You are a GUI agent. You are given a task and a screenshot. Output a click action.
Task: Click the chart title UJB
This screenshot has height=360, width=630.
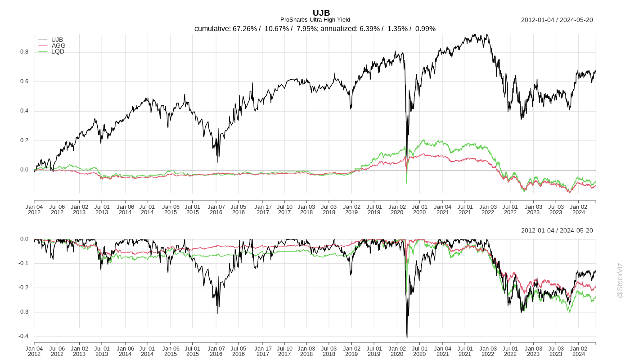click(321, 13)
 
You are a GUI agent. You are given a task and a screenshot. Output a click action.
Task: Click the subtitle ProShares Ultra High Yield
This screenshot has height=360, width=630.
click(315, 20)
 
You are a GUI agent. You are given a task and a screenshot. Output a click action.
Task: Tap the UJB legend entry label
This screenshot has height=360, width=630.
click(57, 40)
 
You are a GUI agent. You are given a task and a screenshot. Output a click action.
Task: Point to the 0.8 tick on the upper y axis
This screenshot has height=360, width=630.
click(24, 52)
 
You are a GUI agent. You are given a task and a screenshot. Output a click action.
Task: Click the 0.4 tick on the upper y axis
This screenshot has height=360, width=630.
click(24, 111)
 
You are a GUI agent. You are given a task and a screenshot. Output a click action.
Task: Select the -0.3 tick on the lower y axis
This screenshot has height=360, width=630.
click(23, 312)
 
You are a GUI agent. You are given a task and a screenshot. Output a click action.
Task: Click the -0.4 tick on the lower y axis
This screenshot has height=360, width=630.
click(23, 336)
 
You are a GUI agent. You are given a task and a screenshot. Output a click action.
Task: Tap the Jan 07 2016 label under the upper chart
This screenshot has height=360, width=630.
click(216, 210)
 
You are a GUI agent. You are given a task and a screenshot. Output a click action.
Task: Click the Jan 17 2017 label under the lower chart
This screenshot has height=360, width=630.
click(263, 351)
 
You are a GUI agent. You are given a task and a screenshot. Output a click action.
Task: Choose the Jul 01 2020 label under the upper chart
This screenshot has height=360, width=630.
click(419, 210)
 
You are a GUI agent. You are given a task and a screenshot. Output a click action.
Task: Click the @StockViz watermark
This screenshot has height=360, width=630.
click(620, 280)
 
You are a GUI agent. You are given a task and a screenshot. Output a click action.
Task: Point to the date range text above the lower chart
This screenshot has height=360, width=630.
click(557, 230)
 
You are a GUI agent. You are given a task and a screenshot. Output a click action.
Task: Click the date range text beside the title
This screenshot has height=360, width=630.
click(557, 20)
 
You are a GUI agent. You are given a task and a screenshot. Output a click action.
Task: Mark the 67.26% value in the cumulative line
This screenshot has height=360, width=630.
click(245, 29)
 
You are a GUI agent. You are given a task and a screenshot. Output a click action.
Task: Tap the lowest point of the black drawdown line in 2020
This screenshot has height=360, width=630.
click(407, 337)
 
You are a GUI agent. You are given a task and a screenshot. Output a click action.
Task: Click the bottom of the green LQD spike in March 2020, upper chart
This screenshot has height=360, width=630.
click(407, 183)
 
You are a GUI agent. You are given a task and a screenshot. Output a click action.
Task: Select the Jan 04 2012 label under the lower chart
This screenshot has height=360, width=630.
click(34, 351)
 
